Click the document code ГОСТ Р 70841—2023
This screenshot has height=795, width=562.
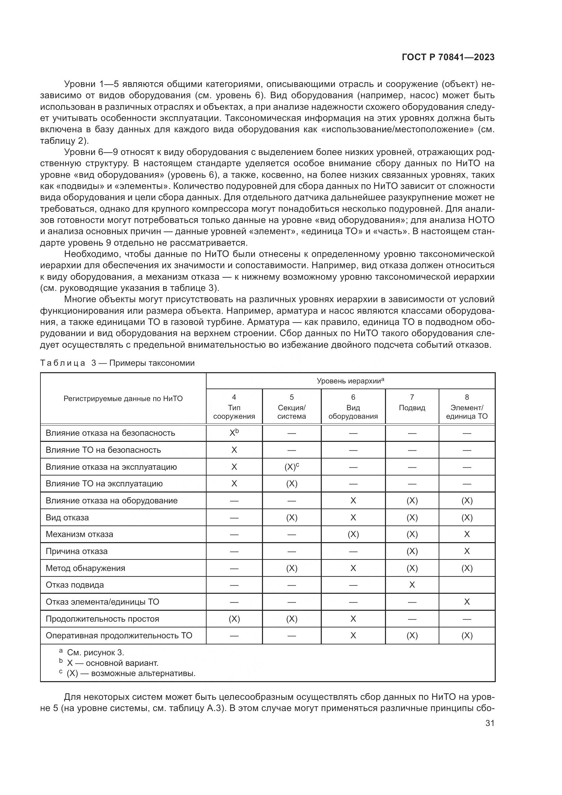coord(448,57)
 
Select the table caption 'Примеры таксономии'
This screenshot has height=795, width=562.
coord(152,363)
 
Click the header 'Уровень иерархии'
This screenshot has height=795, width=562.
coord(350,381)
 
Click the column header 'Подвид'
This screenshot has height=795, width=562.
coord(412,408)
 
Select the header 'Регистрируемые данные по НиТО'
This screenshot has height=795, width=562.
coord(123,399)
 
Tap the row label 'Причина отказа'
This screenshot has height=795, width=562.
coord(76,551)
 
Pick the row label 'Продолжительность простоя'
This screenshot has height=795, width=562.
coord(102,619)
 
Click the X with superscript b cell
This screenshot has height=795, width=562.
coord(234,433)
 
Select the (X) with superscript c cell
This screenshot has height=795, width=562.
coord(292,467)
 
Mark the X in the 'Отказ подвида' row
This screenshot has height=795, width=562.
coord(412,585)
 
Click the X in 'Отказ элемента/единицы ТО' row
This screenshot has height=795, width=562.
coord(467,602)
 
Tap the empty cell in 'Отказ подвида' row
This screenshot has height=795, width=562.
coord(467,585)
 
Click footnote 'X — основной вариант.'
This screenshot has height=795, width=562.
coord(112,663)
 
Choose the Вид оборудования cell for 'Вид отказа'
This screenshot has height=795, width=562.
coord(353,517)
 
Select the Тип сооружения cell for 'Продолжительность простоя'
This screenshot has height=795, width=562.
coord(234,619)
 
